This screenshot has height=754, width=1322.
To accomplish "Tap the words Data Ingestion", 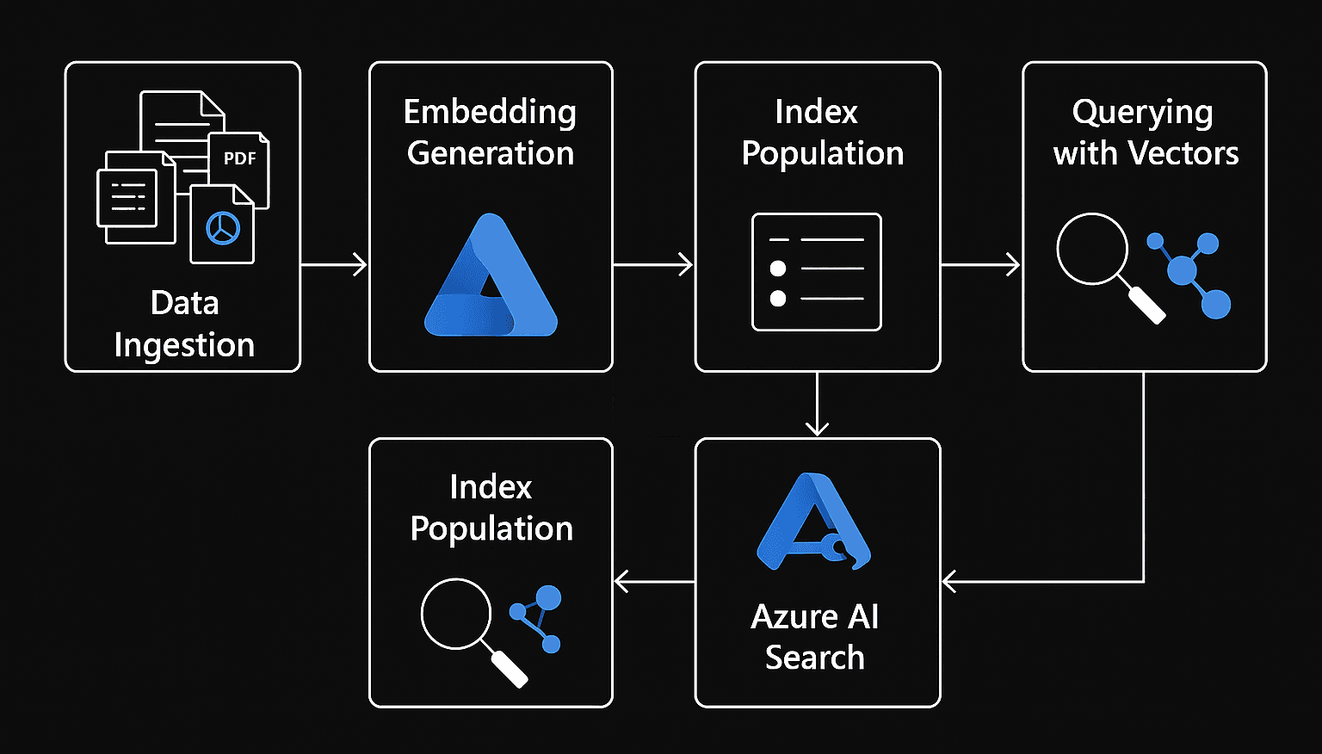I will (x=184, y=324).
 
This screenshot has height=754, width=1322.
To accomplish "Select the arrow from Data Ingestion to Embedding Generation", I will (x=334, y=264).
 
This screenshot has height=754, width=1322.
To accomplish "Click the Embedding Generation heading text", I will (x=491, y=132).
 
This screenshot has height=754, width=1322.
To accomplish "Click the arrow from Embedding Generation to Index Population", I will (x=653, y=264).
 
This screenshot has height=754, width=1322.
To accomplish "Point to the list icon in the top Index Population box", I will (x=817, y=272).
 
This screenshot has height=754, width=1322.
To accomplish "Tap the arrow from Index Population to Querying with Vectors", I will (x=980, y=264).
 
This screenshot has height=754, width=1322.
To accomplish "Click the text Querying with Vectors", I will (x=1145, y=132).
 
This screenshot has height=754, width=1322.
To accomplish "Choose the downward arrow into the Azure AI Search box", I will (x=817, y=405).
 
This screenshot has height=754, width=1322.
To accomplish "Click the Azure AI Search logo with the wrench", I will (x=813, y=522).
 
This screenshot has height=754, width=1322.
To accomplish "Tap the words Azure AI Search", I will (x=815, y=636).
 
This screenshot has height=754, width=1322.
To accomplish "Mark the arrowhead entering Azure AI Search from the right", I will (x=949, y=582).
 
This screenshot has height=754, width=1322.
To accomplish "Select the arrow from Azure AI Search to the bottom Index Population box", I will (x=654, y=582).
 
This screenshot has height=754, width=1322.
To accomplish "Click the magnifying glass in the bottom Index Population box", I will (x=469, y=627).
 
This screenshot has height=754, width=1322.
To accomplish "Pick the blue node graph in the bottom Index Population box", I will (x=538, y=618).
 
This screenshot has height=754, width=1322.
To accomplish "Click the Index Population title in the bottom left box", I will (x=491, y=508).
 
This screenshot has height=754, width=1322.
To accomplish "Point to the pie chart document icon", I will (x=222, y=226).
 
